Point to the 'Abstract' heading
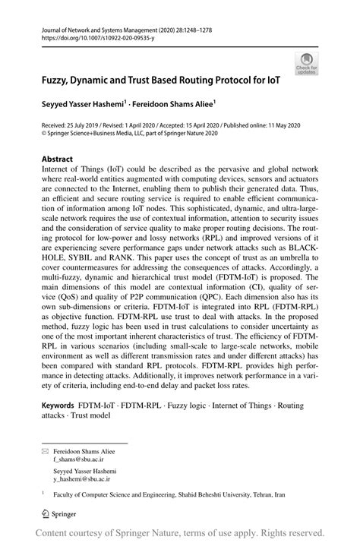point(57,159)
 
